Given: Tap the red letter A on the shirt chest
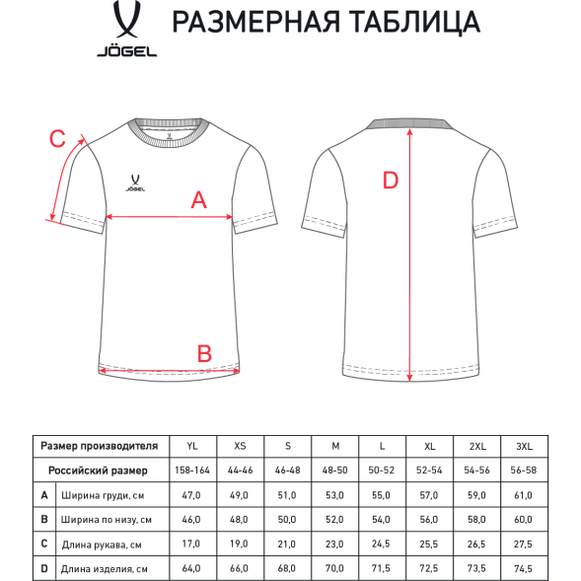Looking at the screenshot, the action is [198, 200].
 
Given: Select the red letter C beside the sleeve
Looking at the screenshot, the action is [57, 139].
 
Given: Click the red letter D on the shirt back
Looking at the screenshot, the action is [390, 181].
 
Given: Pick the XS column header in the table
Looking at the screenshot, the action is [240, 446].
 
